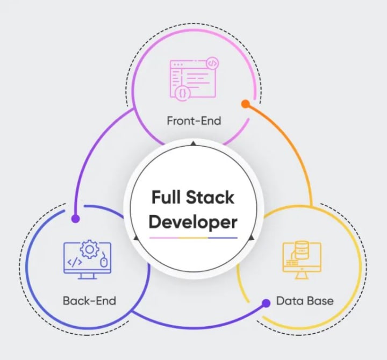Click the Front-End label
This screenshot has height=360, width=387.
click(193, 120)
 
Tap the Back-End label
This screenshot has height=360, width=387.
click(89, 300)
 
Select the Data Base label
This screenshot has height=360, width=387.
click(305, 300)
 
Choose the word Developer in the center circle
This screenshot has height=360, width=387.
click(193, 221)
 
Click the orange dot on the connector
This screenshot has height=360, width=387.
click(245, 103)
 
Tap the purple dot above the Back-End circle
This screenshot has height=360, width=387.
click(76, 219)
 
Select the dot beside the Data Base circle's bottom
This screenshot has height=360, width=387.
click(266, 303)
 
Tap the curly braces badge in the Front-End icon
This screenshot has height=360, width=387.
click(183, 92)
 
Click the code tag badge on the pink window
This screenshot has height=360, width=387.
click(212, 63)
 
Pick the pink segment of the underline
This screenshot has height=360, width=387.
click(164, 237)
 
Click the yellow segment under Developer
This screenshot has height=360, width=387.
click(193, 237)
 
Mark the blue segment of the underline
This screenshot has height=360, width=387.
click(223, 237)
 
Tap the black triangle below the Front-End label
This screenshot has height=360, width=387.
click(193, 143)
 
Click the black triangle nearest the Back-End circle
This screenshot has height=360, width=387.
click(136, 237)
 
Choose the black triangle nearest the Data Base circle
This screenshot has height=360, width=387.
click(251, 237)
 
